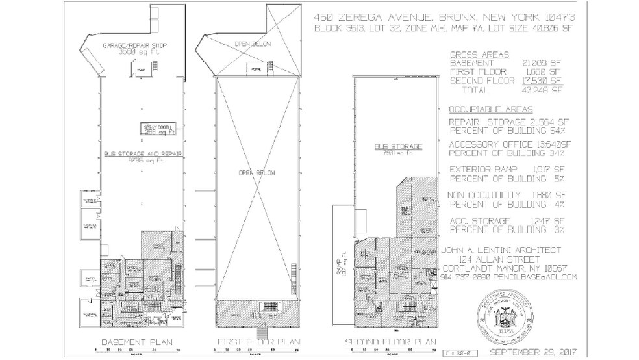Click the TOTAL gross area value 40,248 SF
[x=545, y=90]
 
